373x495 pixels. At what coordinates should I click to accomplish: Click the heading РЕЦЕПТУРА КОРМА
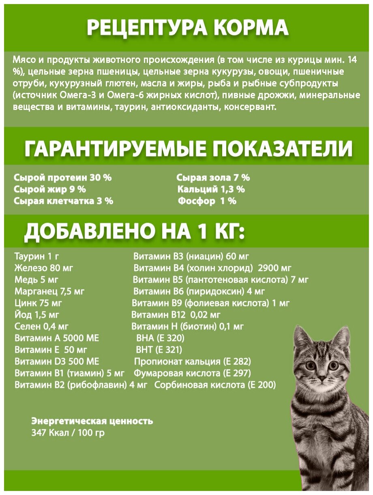click(187, 28)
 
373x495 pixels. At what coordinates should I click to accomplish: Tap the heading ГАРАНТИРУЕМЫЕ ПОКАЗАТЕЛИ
click(189, 149)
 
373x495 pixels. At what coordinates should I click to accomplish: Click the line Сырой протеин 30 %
click(62, 178)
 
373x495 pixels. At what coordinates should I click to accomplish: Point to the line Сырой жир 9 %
click(49, 189)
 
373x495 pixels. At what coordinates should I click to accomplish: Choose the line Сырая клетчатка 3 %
click(63, 201)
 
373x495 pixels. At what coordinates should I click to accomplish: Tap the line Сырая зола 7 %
click(213, 178)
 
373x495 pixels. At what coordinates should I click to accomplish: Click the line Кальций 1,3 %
click(211, 189)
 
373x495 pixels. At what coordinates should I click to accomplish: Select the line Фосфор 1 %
click(207, 201)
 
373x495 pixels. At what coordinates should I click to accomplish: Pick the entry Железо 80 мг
click(43, 268)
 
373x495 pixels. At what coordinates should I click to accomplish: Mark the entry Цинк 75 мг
click(38, 303)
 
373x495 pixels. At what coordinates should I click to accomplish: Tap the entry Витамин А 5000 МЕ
click(56, 338)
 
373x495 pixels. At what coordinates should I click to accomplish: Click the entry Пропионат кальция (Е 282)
click(192, 361)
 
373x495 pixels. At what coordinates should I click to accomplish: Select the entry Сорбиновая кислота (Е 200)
click(215, 385)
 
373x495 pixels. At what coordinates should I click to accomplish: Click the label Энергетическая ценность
click(92, 421)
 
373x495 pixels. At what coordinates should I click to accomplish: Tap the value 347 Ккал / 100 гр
click(68, 433)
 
